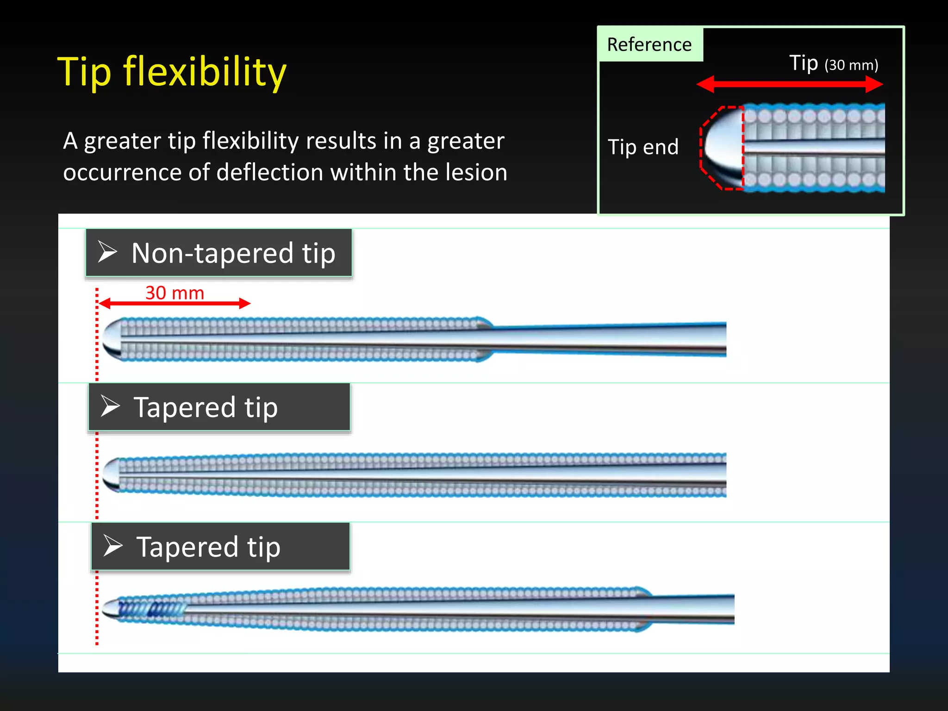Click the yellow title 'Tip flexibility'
(x=172, y=72)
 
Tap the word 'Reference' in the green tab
(x=649, y=45)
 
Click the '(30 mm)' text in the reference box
(x=851, y=65)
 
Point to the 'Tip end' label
(x=643, y=147)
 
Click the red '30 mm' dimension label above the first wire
(x=175, y=293)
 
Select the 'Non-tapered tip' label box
(x=218, y=253)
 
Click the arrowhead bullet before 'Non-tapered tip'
(x=107, y=252)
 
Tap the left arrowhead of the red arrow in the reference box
(x=705, y=84)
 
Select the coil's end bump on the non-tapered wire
(x=484, y=339)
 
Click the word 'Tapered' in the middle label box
(x=184, y=407)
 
